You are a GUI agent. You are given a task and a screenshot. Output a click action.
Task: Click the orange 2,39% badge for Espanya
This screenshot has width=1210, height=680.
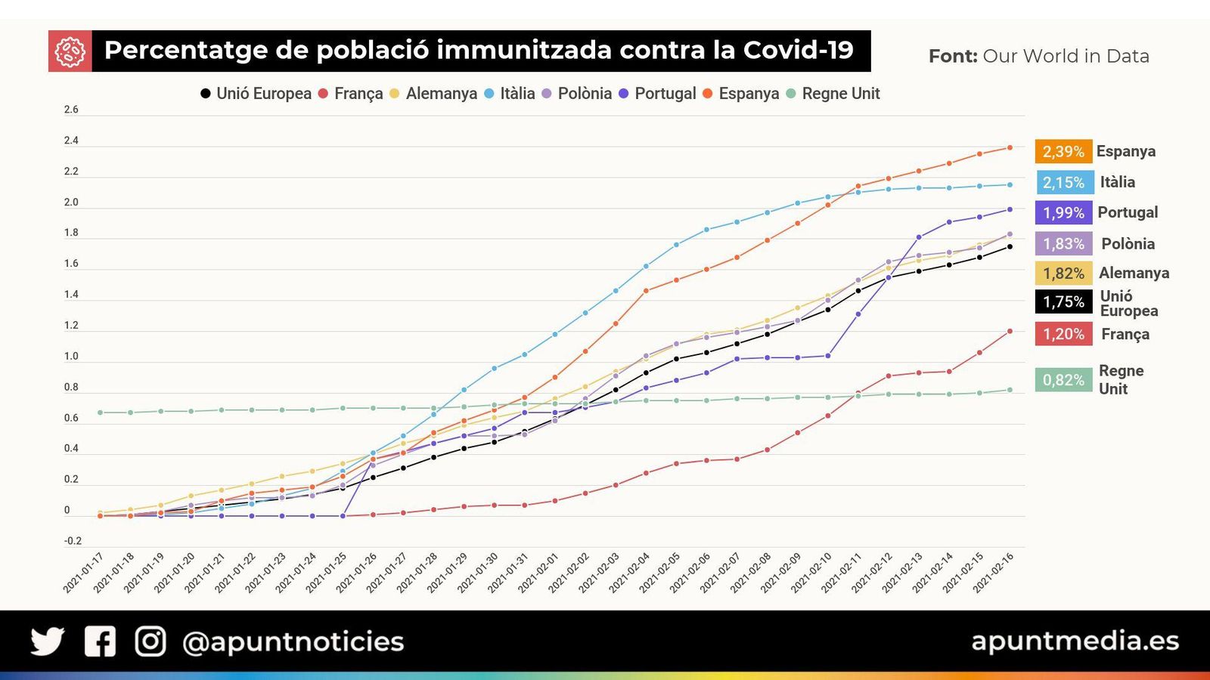[1063, 151]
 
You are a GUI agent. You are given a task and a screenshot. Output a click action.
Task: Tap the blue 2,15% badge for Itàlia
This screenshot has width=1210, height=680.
[1063, 182]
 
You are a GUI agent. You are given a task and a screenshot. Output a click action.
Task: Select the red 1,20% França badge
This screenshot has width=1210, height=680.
[1063, 334]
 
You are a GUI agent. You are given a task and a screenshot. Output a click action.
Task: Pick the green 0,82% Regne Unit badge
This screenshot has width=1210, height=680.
[1063, 379]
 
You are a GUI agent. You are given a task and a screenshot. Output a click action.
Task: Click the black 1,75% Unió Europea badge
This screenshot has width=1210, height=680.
[1063, 301]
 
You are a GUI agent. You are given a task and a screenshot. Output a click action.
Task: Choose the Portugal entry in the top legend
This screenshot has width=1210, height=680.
[657, 94]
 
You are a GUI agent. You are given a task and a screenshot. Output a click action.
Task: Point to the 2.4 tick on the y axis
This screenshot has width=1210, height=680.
[71, 141]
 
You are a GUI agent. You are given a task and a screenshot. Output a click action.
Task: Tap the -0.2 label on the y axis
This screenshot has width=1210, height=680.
[73, 541]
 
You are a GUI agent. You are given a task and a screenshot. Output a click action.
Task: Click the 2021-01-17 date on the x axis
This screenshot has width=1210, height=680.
[83, 573]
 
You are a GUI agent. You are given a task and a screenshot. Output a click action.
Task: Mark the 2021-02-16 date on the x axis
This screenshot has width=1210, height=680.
[993, 573]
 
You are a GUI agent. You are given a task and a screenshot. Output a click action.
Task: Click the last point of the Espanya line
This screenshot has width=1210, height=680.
[1010, 147]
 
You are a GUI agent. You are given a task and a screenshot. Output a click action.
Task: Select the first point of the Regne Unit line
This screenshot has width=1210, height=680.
[100, 413]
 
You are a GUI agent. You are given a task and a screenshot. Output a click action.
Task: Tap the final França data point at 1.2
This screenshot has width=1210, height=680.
[1010, 331]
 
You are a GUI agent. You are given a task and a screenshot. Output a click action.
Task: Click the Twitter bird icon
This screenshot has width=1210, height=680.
[48, 641]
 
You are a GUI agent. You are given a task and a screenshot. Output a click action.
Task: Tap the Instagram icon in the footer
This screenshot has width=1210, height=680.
[150, 641]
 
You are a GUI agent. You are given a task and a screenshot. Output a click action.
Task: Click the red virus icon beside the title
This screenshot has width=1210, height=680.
[70, 51]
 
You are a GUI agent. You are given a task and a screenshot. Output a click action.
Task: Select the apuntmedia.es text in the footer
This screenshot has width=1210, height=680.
[1075, 641]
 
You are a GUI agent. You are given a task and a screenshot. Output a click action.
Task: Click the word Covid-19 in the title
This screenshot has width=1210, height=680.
[798, 50]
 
